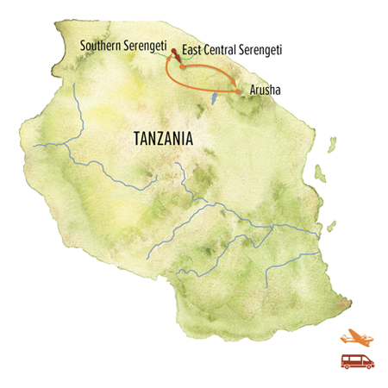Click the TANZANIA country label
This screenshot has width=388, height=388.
162,138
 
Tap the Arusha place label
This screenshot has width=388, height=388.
263,91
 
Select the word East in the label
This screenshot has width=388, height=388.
191,53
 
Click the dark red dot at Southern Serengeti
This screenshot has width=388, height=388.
174,53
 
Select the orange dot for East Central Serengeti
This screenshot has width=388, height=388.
182,67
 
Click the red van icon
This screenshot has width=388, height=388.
356,360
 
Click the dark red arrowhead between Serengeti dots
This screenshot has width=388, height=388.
178,59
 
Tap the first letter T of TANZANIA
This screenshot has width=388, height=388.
136,138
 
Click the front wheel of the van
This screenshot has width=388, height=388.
366,366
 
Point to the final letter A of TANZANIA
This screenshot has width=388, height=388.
188,138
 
